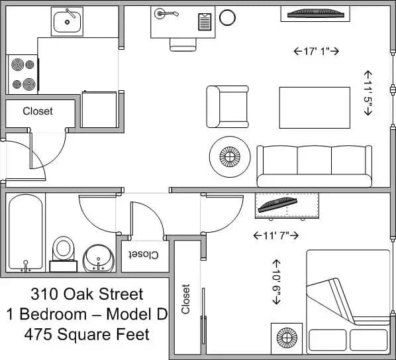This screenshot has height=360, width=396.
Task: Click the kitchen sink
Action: click(67, 21)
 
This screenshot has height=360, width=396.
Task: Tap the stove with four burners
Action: click(23, 74)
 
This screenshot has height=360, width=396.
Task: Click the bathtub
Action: click(26, 233)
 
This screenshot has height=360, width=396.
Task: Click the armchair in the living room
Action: click(227, 106)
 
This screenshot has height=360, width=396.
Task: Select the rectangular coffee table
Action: click(314, 107)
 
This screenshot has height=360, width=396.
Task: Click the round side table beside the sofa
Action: click(229, 156)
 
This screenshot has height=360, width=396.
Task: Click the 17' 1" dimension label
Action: click(316, 50)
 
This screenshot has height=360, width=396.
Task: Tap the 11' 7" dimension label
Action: click(276, 235)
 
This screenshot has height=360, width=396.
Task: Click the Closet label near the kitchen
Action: click(38, 111)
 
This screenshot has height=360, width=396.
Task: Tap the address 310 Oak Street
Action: click(87, 292)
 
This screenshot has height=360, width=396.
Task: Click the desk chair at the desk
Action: click(183, 44)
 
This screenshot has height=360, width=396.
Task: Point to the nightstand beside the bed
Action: click(287, 338)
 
